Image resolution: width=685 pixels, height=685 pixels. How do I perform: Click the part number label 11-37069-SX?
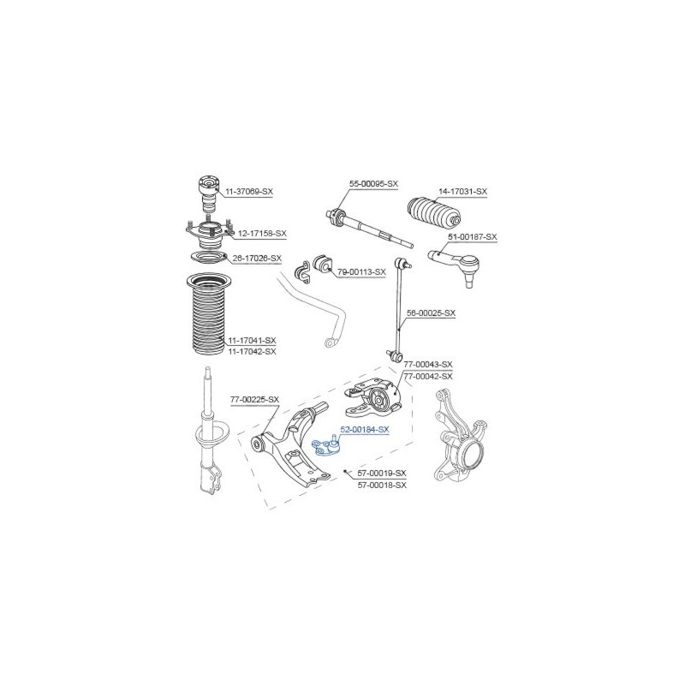point(249,191)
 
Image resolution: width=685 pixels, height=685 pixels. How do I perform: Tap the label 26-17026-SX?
point(257,259)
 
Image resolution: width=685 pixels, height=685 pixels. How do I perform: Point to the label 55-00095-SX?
point(373,184)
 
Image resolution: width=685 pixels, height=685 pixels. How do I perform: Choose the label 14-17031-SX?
point(462,191)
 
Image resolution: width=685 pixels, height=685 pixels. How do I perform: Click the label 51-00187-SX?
point(473,237)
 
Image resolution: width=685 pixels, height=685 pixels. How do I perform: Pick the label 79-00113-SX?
point(361,271)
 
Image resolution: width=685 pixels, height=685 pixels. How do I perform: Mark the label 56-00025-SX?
point(431,313)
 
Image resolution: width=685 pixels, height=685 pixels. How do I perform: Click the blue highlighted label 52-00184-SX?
point(365,430)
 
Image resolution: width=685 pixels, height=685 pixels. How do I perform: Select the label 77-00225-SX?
point(254,399)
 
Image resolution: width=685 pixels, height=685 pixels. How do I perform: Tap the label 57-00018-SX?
point(382,485)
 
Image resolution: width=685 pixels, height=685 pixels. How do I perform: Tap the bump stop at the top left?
point(208,194)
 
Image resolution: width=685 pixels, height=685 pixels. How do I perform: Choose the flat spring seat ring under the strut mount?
point(207,258)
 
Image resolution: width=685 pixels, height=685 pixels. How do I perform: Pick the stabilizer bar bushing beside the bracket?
point(323,265)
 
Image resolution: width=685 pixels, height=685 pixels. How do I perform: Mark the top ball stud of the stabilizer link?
point(402,264)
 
